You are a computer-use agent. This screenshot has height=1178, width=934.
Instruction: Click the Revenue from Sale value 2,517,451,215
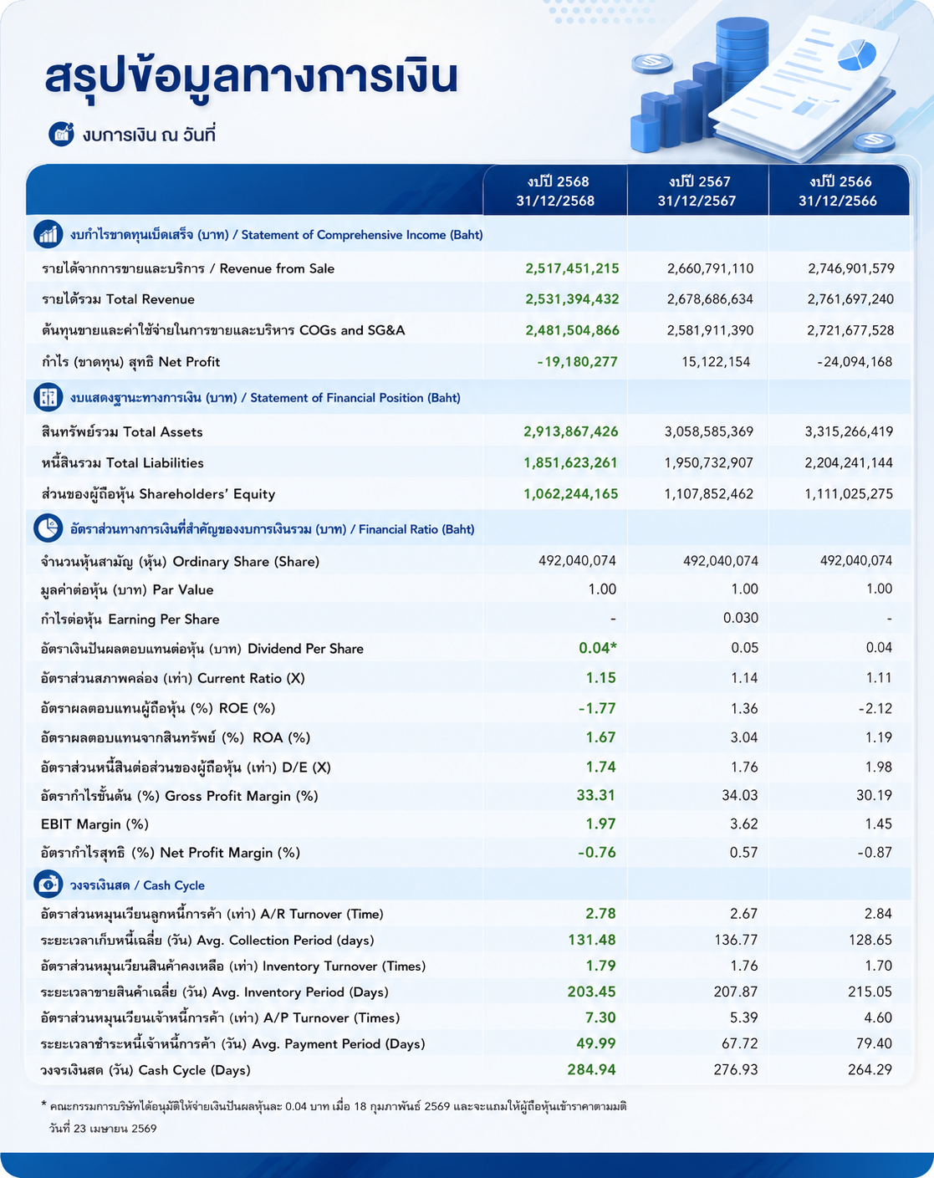click(572, 268)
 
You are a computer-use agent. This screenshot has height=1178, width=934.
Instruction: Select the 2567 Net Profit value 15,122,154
click(716, 361)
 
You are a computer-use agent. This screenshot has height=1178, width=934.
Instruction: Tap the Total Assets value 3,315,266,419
click(849, 431)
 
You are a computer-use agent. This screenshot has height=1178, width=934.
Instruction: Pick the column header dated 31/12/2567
click(697, 191)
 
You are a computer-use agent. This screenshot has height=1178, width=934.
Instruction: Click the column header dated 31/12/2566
click(838, 191)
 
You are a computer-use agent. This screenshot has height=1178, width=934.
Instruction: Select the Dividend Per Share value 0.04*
click(598, 648)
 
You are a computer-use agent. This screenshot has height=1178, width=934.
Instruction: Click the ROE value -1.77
click(597, 708)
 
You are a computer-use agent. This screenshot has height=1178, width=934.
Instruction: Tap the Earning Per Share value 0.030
click(741, 618)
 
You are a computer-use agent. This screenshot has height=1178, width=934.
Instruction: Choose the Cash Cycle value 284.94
click(592, 1069)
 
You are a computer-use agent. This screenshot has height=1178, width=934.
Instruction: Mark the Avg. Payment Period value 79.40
click(875, 1043)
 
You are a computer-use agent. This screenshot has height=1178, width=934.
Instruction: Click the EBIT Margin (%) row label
click(94, 824)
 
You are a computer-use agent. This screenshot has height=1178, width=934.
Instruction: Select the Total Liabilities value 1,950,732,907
click(709, 462)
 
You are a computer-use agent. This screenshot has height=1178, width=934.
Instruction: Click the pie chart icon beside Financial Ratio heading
click(48, 528)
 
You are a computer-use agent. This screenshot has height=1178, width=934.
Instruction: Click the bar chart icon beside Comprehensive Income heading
click(48, 234)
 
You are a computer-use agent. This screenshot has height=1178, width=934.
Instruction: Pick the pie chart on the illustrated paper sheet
click(857, 54)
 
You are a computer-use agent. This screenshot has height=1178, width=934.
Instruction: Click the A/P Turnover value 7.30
click(600, 1017)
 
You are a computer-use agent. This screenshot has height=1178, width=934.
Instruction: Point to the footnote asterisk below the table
click(43, 1104)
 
